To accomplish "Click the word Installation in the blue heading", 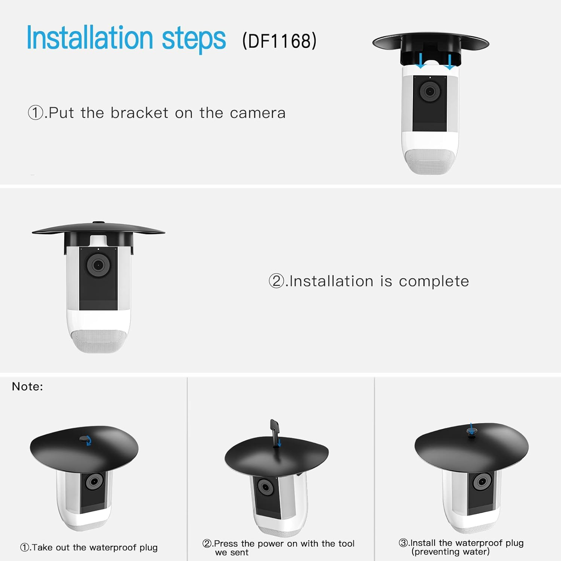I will point(90,38).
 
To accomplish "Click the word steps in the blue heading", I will point(193,39).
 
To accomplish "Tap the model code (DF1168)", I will point(279,41).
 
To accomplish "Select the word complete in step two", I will point(434,281).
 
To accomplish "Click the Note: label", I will point(27,386).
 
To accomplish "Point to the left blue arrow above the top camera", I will point(421,61).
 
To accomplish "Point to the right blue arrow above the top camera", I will point(450,61).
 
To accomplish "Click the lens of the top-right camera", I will point(430,91).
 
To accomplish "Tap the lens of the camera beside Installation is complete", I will point(98,265).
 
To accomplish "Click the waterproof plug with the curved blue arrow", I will point(85,439).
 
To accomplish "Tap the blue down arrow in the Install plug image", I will point(471,427).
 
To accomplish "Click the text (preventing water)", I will point(450,552).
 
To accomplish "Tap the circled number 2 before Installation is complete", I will point(276,281).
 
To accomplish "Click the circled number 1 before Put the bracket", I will point(36,113).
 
